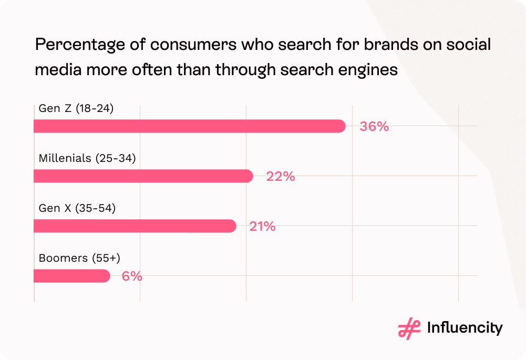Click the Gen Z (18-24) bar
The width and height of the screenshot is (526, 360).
tap(189, 126)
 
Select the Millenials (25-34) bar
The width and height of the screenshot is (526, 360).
tap(143, 176)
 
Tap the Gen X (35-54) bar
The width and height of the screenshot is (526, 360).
tap(135, 226)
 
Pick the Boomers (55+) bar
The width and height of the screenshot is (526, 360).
tap(71, 276)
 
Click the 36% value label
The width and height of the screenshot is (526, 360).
tap(374, 127)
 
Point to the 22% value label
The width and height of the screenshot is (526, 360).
tap(280, 177)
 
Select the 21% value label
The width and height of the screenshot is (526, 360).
tap(262, 227)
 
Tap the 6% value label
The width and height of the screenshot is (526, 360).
tap(132, 276)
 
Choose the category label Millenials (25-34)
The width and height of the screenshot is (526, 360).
tap(87, 158)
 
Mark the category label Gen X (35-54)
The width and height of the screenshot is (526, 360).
tap(77, 208)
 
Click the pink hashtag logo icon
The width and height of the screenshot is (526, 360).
tap(409, 328)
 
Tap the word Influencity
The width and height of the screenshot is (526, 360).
tap(465, 328)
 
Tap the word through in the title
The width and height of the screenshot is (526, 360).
tap(245, 70)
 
